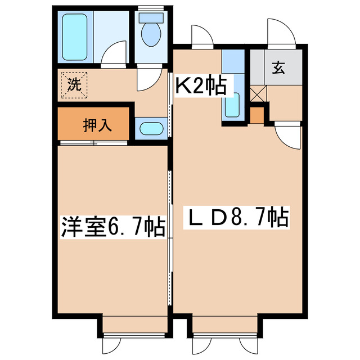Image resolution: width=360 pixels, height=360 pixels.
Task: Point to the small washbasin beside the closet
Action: (150, 128)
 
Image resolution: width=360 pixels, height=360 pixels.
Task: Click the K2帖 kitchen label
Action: (201, 87)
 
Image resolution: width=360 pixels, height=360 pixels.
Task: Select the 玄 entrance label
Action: (278, 69)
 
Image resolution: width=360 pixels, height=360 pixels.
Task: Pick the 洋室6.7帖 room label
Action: (112, 228)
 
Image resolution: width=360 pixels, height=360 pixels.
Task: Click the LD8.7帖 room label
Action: (237, 217)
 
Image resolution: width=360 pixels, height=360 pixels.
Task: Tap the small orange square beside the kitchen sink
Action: (256, 115)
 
